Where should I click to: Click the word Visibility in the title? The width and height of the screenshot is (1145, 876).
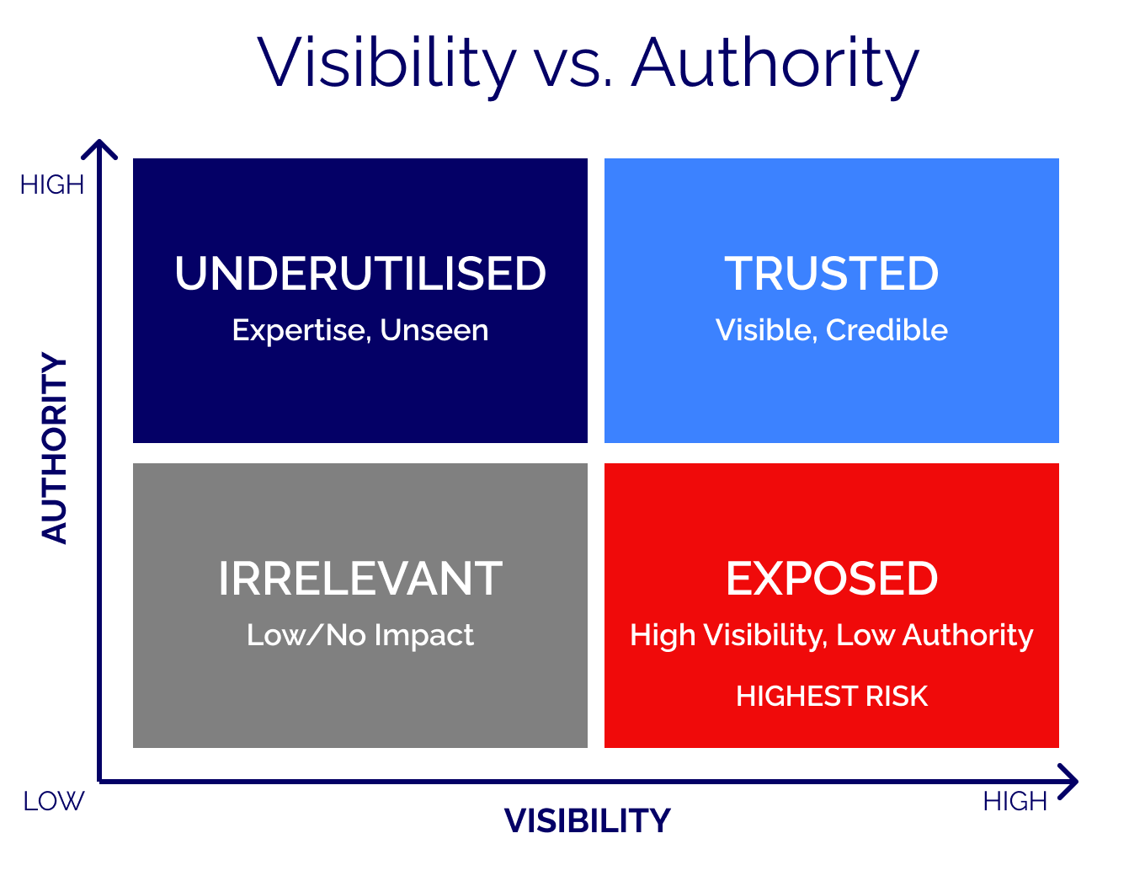[x=386, y=62]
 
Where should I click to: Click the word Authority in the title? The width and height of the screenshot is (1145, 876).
[x=775, y=62]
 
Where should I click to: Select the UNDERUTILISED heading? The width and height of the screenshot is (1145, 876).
[x=360, y=274]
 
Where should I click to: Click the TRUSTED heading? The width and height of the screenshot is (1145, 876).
[x=831, y=274]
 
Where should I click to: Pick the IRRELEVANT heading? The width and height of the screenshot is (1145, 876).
[x=360, y=579]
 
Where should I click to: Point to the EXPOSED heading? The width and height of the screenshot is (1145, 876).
[x=831, y=579]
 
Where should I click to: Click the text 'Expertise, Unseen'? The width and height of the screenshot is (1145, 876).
[x=360, y=330]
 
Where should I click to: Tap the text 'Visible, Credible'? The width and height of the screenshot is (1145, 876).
[x=831, y=330]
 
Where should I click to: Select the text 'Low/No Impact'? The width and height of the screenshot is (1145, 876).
[x=360, y=635]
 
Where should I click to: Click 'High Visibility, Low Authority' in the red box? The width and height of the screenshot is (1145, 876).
[x=831, y=635]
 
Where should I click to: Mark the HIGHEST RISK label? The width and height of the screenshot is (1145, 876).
[x=831, y=697]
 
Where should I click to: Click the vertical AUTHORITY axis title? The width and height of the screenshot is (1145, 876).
[x=55, y=448]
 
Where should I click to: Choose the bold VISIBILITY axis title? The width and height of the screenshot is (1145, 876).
[x=587, y=820]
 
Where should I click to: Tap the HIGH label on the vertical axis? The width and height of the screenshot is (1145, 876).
[x=52, y=185]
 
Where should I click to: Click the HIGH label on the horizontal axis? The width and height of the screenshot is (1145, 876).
[x=1015, y=801]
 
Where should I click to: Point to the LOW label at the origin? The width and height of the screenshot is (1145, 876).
[x=54, y=801]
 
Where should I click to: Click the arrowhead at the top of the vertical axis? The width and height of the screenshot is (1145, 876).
[x=99, y=148]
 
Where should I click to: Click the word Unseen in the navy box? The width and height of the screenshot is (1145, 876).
[x=434, y=330]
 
